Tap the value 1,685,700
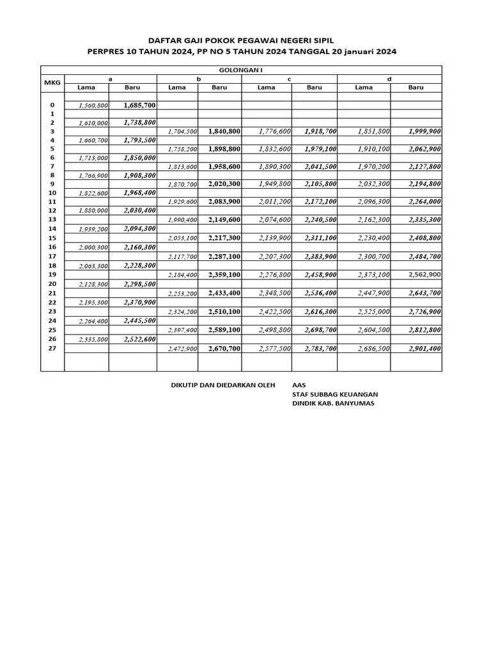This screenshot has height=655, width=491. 139,105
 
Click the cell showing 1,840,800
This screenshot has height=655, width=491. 224,131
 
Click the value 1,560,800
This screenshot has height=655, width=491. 93,105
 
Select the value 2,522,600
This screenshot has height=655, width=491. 139,340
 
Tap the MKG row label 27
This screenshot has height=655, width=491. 52,349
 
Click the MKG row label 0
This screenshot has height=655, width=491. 52,105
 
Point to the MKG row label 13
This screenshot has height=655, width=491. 52,219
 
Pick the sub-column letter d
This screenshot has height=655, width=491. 389,79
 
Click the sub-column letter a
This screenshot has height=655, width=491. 110,79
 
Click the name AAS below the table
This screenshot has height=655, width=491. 299,386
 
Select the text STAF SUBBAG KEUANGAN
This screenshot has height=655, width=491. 334,395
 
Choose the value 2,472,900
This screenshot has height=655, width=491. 183,349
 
